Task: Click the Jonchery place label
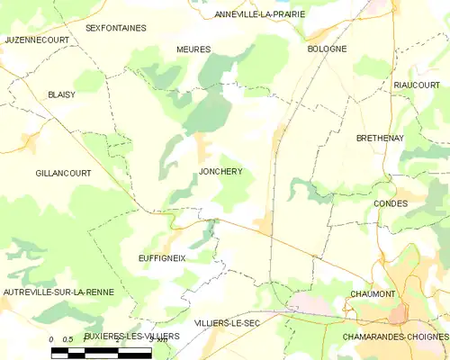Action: click(220, 171)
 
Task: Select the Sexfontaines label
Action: click(115, 28)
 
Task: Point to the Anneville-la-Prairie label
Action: click(260, 14)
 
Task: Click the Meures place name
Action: click(193, 49)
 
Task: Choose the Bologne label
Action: click(327, 49)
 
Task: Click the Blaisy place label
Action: click(62, 94)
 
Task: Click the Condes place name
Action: click(390, 203)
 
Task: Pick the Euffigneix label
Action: click(161, 257)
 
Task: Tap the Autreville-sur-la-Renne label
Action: click(57, 293)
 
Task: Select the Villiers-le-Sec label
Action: click(229, 322)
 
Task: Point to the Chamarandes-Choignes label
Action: click(395, 336)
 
